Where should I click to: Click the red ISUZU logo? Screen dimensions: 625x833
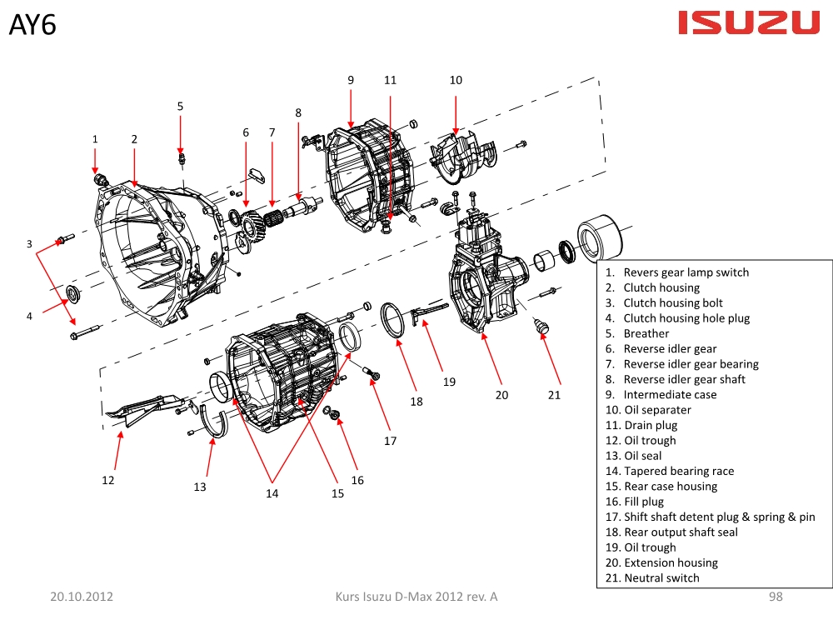[749, 23]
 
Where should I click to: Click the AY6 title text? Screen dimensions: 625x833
[32, 25]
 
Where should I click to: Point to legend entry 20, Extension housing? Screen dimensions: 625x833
[670, 562]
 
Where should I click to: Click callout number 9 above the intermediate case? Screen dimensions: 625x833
[351, 80]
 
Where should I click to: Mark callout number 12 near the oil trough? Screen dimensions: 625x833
[108, 480]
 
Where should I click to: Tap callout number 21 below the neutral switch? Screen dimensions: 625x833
[555, 395]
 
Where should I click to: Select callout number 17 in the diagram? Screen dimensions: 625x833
[390, 441]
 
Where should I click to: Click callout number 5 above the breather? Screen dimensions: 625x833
[180, 106]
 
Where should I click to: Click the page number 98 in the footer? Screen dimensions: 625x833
[776, 597]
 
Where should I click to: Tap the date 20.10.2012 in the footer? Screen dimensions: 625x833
[82, 597]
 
